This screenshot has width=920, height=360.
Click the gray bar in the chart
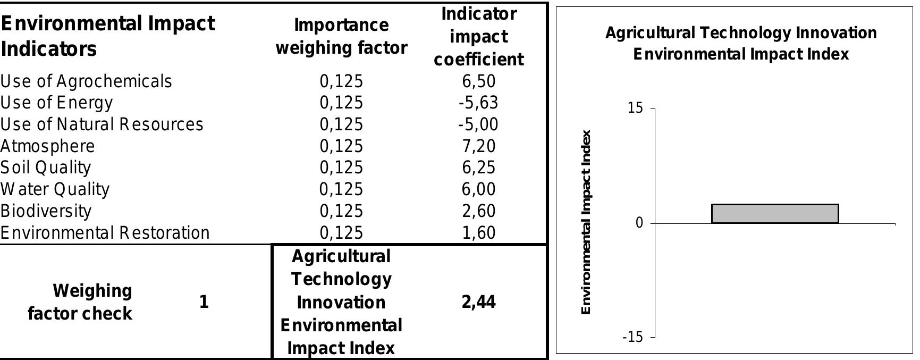(774, 213)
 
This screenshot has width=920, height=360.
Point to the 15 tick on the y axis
(635, 108)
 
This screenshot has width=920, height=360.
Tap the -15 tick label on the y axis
(632, 337)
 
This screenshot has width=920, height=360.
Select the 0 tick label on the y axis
(639, 223)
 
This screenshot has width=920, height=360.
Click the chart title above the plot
(741, 44)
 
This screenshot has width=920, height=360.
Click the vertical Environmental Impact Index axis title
(586, 222)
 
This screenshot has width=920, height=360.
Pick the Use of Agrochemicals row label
(86, 81)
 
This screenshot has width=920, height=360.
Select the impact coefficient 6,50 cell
(479, 81)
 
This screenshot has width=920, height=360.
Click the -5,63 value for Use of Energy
(478, 103)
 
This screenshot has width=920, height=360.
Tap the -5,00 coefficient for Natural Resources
(478, 124)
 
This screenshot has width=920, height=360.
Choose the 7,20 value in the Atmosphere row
(479, 146)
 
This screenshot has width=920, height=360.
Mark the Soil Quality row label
(46, 168)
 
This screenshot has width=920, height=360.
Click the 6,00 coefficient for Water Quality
(479, 189)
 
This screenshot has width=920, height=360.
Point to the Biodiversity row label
(46, 211)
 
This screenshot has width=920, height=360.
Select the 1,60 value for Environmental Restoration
(479, 233)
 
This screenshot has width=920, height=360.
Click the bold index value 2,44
(479, 302)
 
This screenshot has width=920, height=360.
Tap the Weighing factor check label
(80, 302)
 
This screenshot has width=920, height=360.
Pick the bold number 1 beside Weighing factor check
(204, 302)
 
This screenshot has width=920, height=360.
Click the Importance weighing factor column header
(341, 36)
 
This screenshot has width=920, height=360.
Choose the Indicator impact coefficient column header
(479, 36)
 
